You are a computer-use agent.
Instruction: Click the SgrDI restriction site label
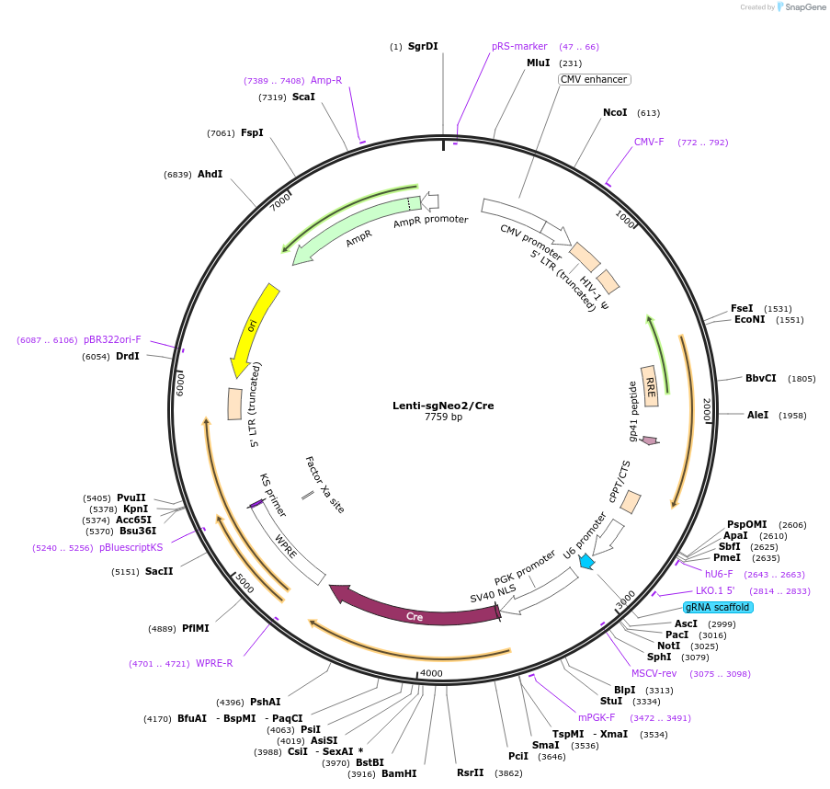pyautogui.click(x=423, y=46)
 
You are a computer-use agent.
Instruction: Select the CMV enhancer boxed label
pyautogui.click(x=594, y=79)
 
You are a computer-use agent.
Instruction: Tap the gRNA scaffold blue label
pyautogui.click(x=718, y=607)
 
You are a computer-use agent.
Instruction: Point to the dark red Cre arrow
pyautogui.click(x=414, y=613)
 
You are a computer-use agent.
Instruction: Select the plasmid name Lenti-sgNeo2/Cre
pyautogui.click(x=443, y=406)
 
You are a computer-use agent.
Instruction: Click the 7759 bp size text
pyautogui.click(x=443, y=417)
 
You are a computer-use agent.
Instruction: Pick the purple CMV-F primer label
pyautogui.click(x=649, y=142)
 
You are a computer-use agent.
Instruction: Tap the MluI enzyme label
pyautogui.click(x=538, y=63)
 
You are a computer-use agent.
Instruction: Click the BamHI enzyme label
pyautogui.click(x=399, y=774)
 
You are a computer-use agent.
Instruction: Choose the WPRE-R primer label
pyautogui.click(x=214, y=663)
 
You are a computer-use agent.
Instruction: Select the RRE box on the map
pyautogui.click(x=649, y=385)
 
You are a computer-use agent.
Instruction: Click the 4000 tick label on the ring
pyautogui.click(x=431, y=673)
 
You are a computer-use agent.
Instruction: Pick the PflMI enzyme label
pyautogui.click(x=196, y=628)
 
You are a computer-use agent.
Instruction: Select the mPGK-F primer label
pyautogui.click(x=597, y=717)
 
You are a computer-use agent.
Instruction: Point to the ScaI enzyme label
pyautogui.click(x=303, y=97)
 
